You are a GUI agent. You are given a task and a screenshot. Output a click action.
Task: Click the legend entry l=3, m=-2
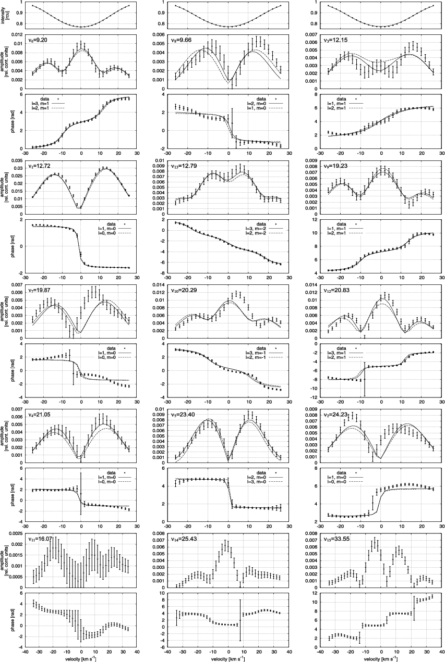pos(256,228)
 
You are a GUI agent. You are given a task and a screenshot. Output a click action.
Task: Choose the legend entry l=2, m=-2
pos(256,233)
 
